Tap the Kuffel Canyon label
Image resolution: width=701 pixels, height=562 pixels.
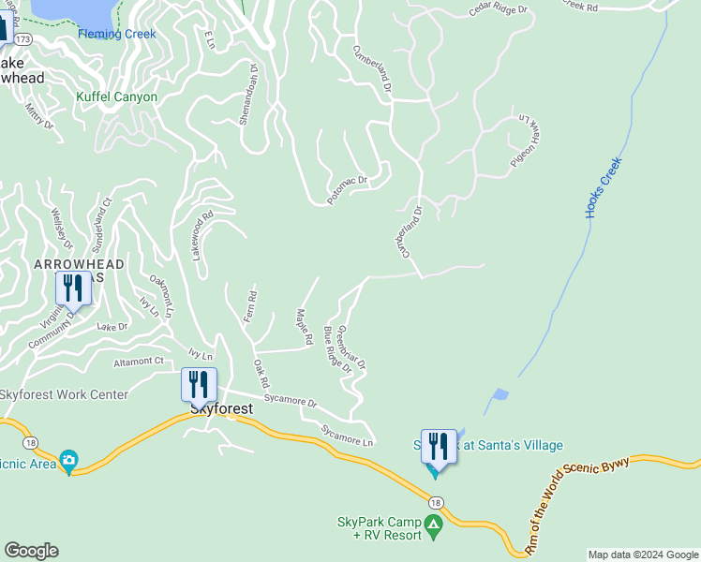(x=116, y=96)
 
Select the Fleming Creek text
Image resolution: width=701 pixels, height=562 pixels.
(x=117, y=34)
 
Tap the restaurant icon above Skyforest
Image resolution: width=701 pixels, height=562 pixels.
(x=199, y=384)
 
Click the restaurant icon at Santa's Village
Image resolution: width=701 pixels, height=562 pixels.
(x=439, y=446)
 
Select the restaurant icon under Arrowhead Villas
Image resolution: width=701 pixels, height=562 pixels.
(x=73, y=288)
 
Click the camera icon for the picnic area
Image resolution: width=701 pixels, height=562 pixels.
(x=68, y=460)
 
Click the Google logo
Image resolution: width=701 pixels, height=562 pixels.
(x=31, y=551)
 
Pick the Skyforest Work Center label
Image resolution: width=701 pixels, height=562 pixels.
(x=64, y=394)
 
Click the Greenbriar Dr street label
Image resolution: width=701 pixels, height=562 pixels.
(x=350, y=347)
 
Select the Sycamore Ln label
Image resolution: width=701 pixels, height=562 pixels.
(x=348, y=436)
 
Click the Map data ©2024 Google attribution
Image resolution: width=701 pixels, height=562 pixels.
(x=643, y=555)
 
